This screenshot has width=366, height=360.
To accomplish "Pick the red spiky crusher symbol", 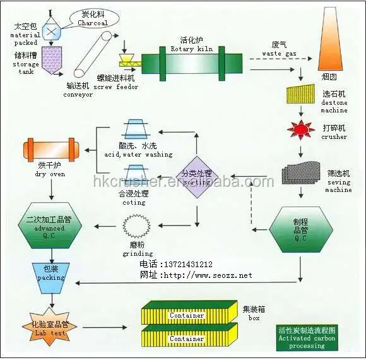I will pos(301,129).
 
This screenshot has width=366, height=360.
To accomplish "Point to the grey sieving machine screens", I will pos(301,174).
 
